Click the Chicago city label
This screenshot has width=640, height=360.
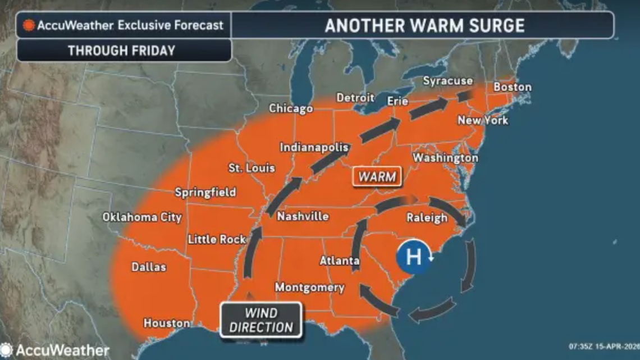(x=290, y=108)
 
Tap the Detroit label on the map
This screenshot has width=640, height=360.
(x=355, y=98)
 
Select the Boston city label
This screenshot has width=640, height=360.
(x=512, y=87)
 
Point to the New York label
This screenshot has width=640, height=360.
(x=482, y=120)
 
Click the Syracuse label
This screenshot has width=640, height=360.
(x=447, y=81)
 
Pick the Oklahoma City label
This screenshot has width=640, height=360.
(x=142, y=217)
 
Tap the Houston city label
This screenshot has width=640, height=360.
(x=167, y=323)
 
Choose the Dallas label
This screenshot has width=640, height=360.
(x=149, y=267)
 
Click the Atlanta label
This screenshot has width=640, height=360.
(x=340, y=261)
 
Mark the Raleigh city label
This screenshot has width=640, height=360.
(x=427, y=218)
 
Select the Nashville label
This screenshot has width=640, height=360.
(x=303, y=216)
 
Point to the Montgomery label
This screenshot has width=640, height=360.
(x=309, y=288)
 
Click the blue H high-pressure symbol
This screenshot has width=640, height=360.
(x=414, y=257)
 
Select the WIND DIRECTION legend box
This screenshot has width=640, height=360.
(x=260, y=320)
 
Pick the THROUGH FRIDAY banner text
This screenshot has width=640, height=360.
(x=121, y=51)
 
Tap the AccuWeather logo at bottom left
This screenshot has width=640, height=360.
(x=54, y=351)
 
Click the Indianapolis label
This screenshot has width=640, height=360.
(x=314, y=148)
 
